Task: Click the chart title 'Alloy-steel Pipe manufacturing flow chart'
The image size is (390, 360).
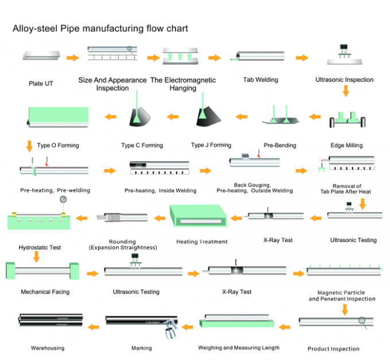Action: [x=100, y=29]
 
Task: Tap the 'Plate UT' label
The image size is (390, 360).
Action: [x=41, y=84]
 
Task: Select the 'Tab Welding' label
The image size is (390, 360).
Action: [x=260, y=80]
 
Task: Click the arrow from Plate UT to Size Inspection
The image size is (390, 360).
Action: [x=73, y=58]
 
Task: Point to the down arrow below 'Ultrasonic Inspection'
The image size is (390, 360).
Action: [x=346, y=91]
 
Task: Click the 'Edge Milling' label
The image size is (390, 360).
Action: [x=346, y=146]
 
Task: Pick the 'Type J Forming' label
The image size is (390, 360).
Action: [x=211, y=145]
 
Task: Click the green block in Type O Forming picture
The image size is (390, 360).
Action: [x=58, y=115]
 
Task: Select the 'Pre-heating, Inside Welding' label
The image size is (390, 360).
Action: [x=160, y=191]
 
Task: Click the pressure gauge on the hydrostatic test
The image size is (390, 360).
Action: [x=63, y=199]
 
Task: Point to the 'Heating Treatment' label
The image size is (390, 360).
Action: [x=202, y=242]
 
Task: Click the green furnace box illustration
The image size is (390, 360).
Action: [x=198, y=216]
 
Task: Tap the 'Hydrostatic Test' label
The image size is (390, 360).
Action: [x=40, y=248]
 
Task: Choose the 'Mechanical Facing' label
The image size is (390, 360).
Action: [x=45, y=292]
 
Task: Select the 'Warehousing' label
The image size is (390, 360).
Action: [x=48, y=348]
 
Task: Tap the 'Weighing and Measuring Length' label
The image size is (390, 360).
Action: [x=239, y=348]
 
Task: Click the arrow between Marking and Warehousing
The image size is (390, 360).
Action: [x=93, y=327]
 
